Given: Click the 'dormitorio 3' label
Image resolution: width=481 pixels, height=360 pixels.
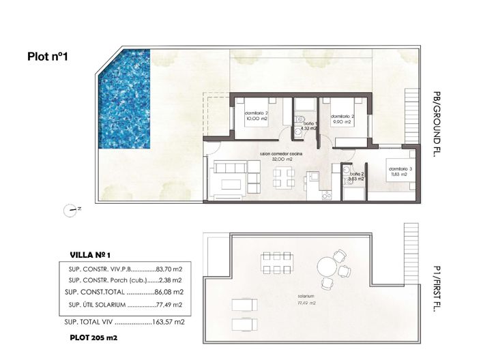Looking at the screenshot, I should point(400,168).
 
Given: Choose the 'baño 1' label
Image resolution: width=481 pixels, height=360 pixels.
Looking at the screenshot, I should point(308,123).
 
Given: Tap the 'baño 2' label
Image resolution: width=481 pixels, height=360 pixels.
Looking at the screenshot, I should point(356,175).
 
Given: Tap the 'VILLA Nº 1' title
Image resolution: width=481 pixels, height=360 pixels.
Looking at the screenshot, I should point(95,255).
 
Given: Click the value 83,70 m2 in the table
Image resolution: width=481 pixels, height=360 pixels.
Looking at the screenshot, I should point(168,269).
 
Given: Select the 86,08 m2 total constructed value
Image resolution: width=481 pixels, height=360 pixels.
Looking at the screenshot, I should point(168,292).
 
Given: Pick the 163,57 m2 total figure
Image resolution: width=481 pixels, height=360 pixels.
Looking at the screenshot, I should point(168,321).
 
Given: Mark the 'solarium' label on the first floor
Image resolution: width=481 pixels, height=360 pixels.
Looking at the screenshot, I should point(306,297).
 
